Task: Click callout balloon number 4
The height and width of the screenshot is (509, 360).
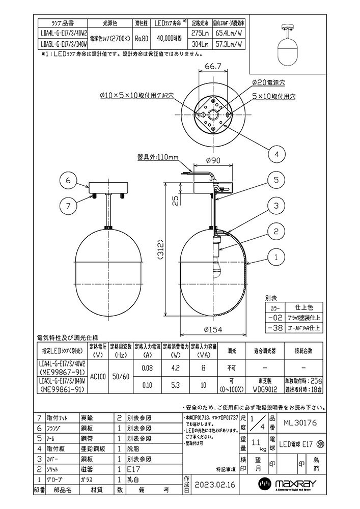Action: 276,153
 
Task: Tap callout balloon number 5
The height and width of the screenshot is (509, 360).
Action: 275,180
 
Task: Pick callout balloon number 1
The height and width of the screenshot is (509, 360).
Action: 275,258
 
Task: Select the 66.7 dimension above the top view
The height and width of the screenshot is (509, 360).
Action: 213,66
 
